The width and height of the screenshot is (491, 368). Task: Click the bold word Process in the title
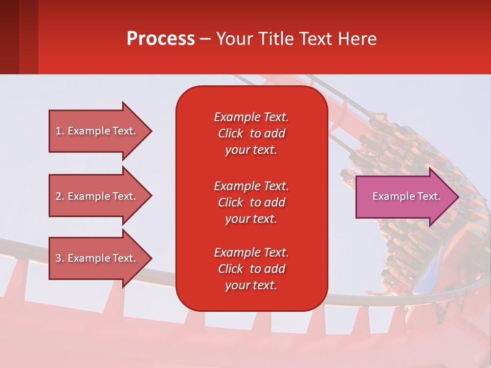161,39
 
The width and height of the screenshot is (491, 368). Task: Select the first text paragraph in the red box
251,133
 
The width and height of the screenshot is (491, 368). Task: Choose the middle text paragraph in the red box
251,202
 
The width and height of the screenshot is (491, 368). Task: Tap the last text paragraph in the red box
251,269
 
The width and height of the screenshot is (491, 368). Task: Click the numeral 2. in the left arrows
60,196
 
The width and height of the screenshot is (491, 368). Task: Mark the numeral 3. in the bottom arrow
60,258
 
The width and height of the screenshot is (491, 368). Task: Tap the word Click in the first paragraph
231,133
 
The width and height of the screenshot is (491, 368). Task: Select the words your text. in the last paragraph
251,285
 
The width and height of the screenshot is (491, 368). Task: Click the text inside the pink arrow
406,196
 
